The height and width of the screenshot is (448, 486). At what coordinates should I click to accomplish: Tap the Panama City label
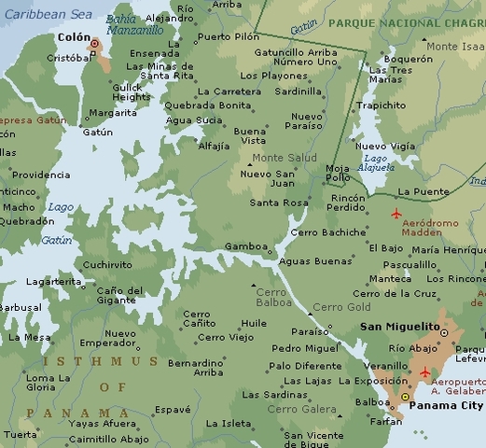(x=447, y=406)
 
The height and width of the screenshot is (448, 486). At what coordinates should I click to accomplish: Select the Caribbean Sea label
(x=46, y=15)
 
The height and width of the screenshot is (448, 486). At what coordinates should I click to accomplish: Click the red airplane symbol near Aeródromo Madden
(x=396, y=214)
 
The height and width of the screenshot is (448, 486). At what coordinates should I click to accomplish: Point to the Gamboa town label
(x=245, y=246)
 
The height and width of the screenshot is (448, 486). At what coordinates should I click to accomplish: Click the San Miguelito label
(x=400, y=328)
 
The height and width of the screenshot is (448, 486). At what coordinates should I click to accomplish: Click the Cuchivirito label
(x=107, y=264)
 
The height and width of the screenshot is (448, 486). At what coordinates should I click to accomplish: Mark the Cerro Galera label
(x=301, y=409)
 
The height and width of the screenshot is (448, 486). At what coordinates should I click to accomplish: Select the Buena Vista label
(x=249, y=137)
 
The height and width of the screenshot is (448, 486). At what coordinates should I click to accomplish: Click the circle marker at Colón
(x=94, y=44)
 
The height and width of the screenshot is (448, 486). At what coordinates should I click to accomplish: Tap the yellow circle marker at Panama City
(x=405, y=398)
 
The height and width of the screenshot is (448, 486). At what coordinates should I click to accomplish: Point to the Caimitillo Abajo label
(x=108, y=439)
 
